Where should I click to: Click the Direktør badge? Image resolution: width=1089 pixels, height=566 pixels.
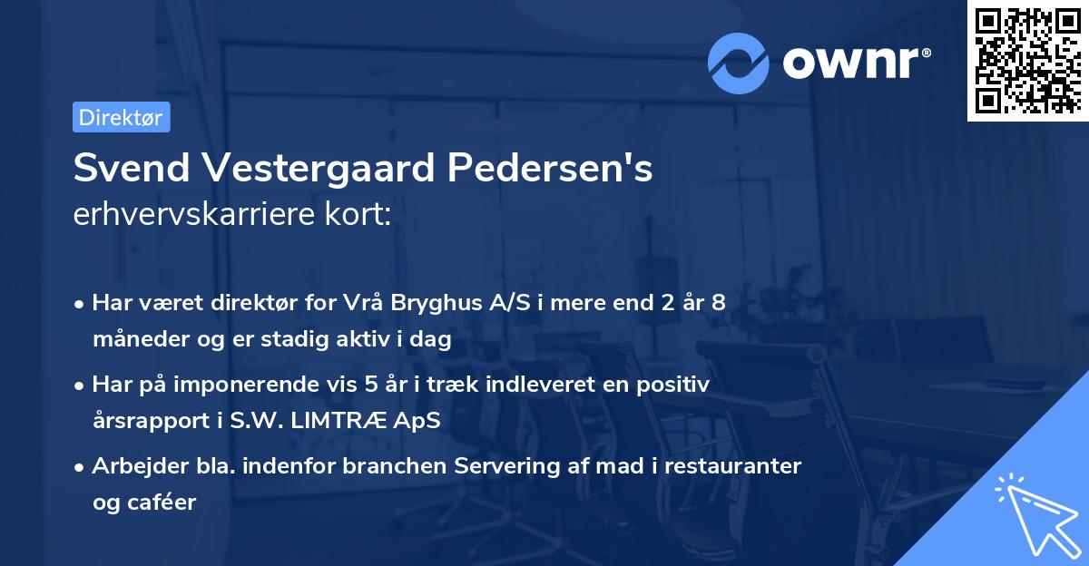121,117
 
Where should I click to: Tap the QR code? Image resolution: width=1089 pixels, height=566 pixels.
1027,60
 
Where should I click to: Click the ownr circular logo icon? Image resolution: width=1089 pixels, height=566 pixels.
740,63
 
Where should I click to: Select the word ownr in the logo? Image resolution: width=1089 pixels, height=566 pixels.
856,62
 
